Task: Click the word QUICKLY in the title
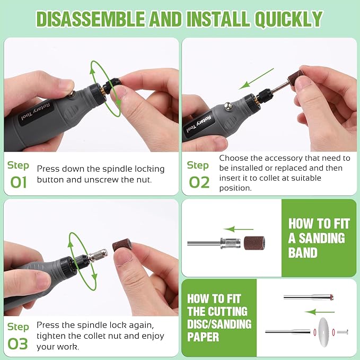click(x=288, y=19)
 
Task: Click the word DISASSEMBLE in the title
click(x=90, y=19)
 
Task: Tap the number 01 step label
click(x=19, y=182)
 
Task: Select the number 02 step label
click(x=199, y=182)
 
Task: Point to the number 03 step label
click(x=17, y=344)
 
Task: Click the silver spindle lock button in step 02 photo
click(x=227, y=106)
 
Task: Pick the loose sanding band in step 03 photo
click(x=122, y=245)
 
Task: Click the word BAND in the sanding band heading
click(x=303, y=252)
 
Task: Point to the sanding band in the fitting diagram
click(x=254, y=243)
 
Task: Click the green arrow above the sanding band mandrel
click(x=238, y=229)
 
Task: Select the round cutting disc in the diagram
click(x=323, y=331)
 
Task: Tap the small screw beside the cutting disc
click(x=343, y=332)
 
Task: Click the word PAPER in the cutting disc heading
click(x=203, y=337)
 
